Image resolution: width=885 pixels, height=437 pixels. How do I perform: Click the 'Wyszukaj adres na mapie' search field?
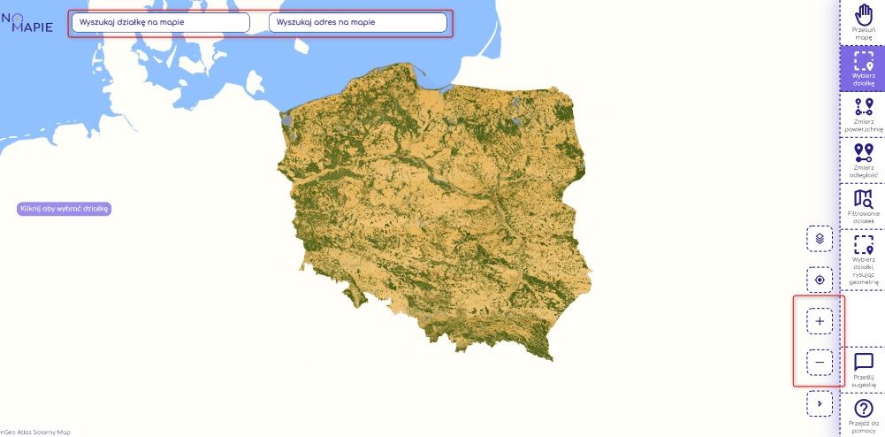click(357, 23)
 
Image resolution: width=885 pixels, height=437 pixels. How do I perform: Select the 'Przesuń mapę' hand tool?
click(863, 23)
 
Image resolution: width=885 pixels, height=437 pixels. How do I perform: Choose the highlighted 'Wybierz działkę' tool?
click(863, 69)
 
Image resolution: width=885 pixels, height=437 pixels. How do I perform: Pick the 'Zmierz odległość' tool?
click(863, 160)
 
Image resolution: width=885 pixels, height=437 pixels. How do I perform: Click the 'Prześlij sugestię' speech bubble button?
click(863, 369)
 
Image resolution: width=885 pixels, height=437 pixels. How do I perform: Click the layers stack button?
click(820, 239)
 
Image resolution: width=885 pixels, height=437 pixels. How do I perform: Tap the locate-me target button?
click(820, 280)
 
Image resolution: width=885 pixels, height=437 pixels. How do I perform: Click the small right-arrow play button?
click(820, 403)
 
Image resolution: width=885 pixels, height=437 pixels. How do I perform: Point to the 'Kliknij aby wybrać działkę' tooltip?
click(65, 209)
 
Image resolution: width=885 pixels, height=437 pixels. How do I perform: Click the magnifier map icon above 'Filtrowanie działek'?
click(863, 198)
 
